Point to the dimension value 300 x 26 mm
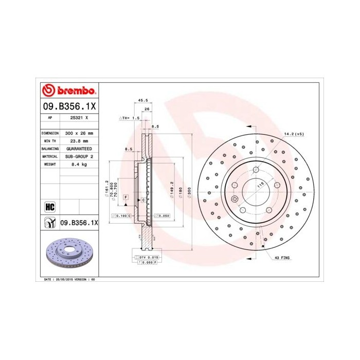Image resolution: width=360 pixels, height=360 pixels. (x=79, y=133)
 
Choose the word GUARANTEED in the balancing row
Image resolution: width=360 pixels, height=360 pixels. (x=79, y=148)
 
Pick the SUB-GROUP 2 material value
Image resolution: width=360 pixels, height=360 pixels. (x=79, y=156)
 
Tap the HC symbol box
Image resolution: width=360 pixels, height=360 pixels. (x=50, y=207)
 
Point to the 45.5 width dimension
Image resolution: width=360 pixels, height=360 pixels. (x=143, y=100)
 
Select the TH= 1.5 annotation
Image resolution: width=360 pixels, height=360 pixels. (x=131, y=118)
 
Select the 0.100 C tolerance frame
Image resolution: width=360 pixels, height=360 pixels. (x=124, y=215)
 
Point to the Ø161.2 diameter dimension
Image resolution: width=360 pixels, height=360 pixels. (x=106, y=186)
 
